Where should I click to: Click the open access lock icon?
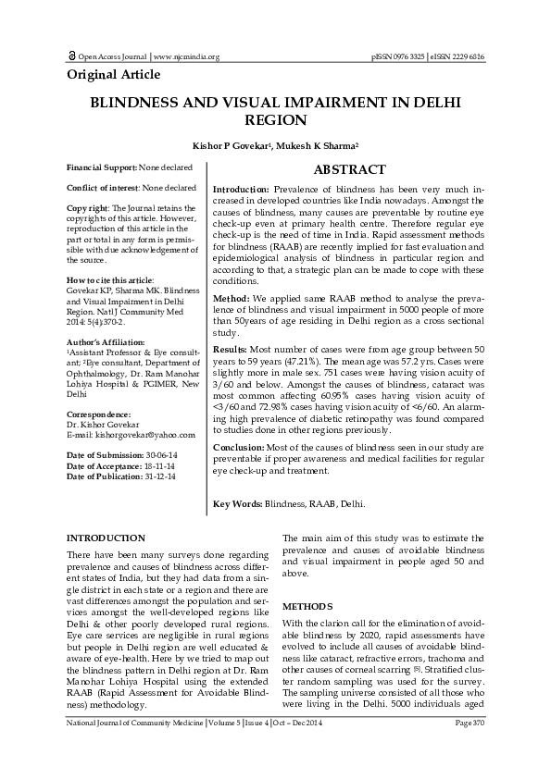[72, 56]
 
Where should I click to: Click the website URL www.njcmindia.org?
[186, 57]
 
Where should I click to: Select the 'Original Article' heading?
[114, 74]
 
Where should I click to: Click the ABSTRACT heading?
[349, 169]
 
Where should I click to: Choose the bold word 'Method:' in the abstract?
[232, 300]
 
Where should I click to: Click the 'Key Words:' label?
[237, 504]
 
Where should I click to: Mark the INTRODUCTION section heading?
[106, 538]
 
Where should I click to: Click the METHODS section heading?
[307, 605]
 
